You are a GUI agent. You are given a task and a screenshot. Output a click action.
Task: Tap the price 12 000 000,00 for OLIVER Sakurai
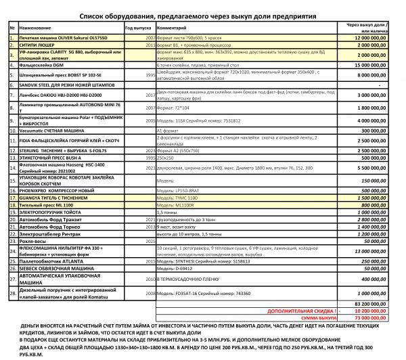point(375,39)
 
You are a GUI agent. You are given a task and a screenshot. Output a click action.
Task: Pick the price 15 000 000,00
point(375,65)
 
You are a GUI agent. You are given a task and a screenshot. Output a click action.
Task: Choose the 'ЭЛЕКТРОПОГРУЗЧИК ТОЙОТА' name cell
point(53,211)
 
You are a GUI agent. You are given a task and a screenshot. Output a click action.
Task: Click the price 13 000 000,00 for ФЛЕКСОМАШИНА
point(375,250)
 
